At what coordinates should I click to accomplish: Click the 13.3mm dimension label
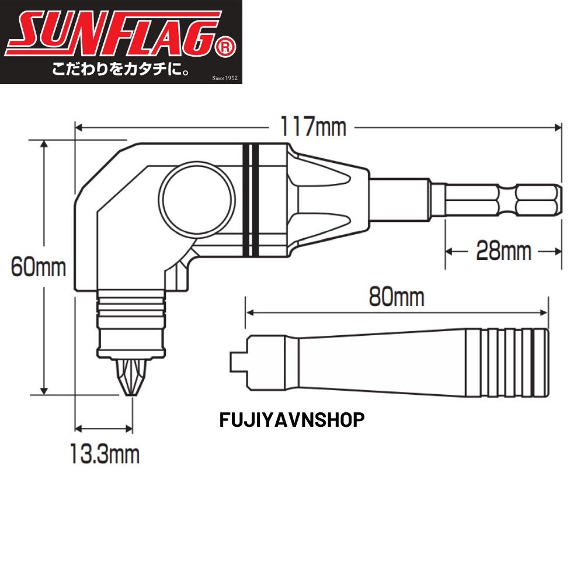click(105, 453)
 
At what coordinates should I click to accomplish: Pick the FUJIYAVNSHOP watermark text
click(292, 420)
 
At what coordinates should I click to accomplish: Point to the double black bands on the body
click(251, 200)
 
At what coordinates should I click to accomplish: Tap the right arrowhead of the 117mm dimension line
click(556, 126)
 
